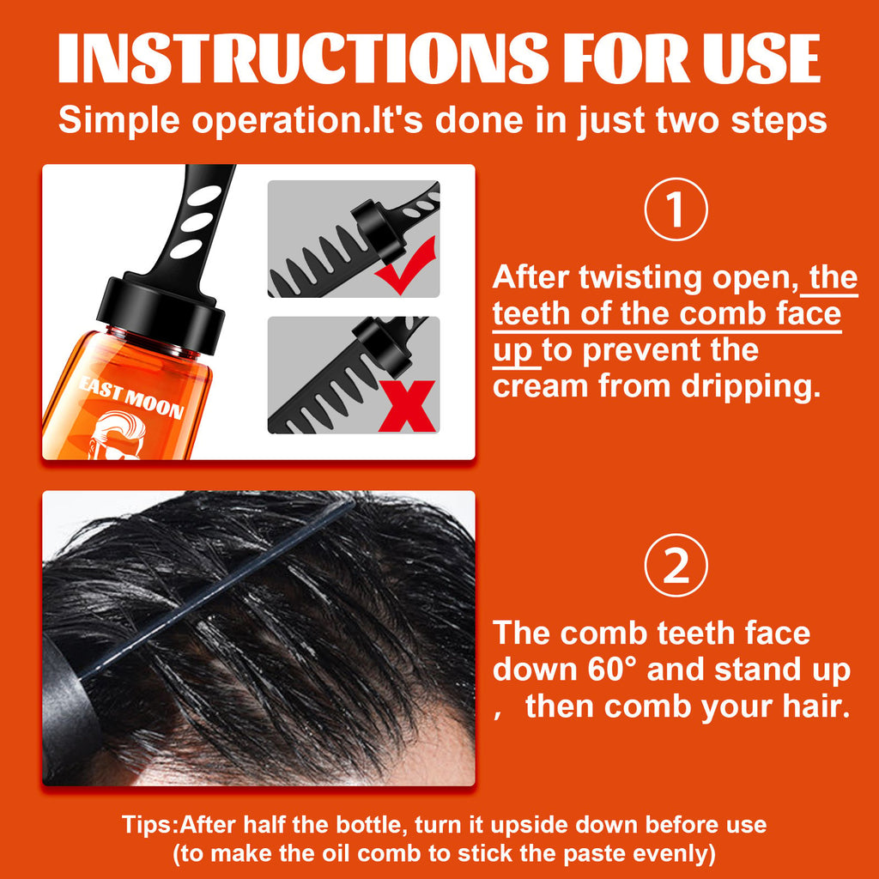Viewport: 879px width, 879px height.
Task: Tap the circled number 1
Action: click(676, 209)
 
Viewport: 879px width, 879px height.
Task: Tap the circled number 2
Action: click(676, 567)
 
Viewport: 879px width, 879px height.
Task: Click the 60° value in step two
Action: click(609, 670)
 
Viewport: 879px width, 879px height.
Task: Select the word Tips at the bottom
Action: click(147, 825)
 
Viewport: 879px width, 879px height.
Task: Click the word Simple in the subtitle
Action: click(119, 120)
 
